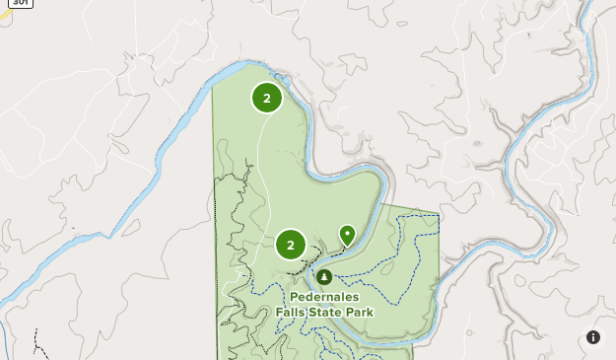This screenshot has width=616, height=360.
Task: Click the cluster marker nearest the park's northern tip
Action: (x=267, y=98)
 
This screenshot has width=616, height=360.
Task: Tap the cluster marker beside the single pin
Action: (x=291, y=245)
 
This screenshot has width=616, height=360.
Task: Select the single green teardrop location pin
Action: (x=347, y=234)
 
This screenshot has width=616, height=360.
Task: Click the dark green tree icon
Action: (x=324, y=276)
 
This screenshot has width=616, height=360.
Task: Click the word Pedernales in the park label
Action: (x=324, y=297)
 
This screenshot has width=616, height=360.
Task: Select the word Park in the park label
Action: (x=359, y=312)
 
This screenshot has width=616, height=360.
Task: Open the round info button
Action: (x=593, y=337)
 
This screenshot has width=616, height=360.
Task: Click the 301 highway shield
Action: (x=21, y=3)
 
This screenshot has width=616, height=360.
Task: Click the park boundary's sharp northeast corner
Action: (x=439, y=212)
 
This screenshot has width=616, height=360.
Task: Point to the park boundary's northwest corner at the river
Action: (x=214, y=88)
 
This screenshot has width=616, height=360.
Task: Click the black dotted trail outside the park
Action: (x=37, y=345)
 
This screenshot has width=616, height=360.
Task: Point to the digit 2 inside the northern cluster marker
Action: (x=267, y=98)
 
